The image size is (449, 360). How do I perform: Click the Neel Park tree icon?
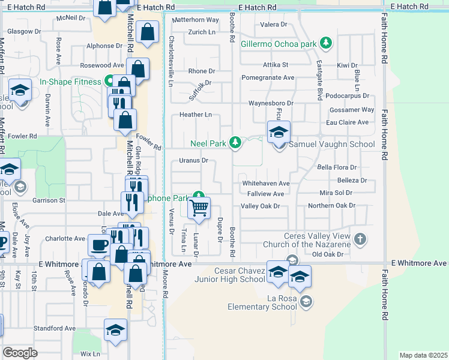pos(237,142)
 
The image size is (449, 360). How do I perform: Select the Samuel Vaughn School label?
pos(332,144)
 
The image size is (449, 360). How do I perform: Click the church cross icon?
pos(360,240)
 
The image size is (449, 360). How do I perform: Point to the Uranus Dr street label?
pos(193,161)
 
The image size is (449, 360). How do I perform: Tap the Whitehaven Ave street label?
pos(265,184)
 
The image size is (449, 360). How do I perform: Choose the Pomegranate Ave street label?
pos(268,78)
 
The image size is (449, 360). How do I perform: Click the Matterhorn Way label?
pos(196,20)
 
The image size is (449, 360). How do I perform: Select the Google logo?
pos(20,352)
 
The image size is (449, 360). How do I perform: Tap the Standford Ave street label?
pos(55,329)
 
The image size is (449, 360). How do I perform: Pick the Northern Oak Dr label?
pos(331,206)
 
